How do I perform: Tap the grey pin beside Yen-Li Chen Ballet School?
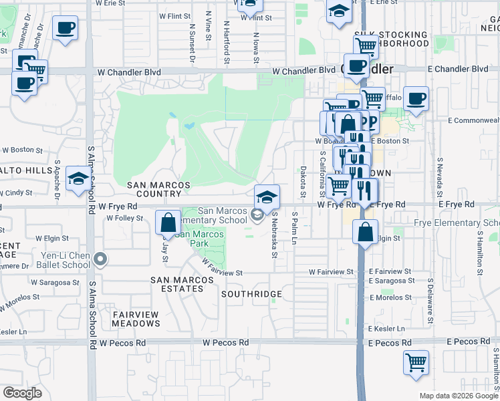coord(100,259)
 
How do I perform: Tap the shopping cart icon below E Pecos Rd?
coord(416,362)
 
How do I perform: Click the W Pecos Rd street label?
coord(226,342)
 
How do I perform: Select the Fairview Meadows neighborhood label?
coord(136,319)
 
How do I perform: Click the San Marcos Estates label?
coord(177,285)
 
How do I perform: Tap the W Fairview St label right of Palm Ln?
coord(331,272)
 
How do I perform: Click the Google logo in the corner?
coord(22,393)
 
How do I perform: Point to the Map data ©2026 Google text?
coord(459,396)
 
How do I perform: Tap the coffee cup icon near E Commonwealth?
coord(416,99)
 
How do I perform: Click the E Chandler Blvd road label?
coord(458,69)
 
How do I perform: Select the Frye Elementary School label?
coord(457,223)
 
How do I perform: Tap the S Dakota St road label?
coord(303,182)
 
